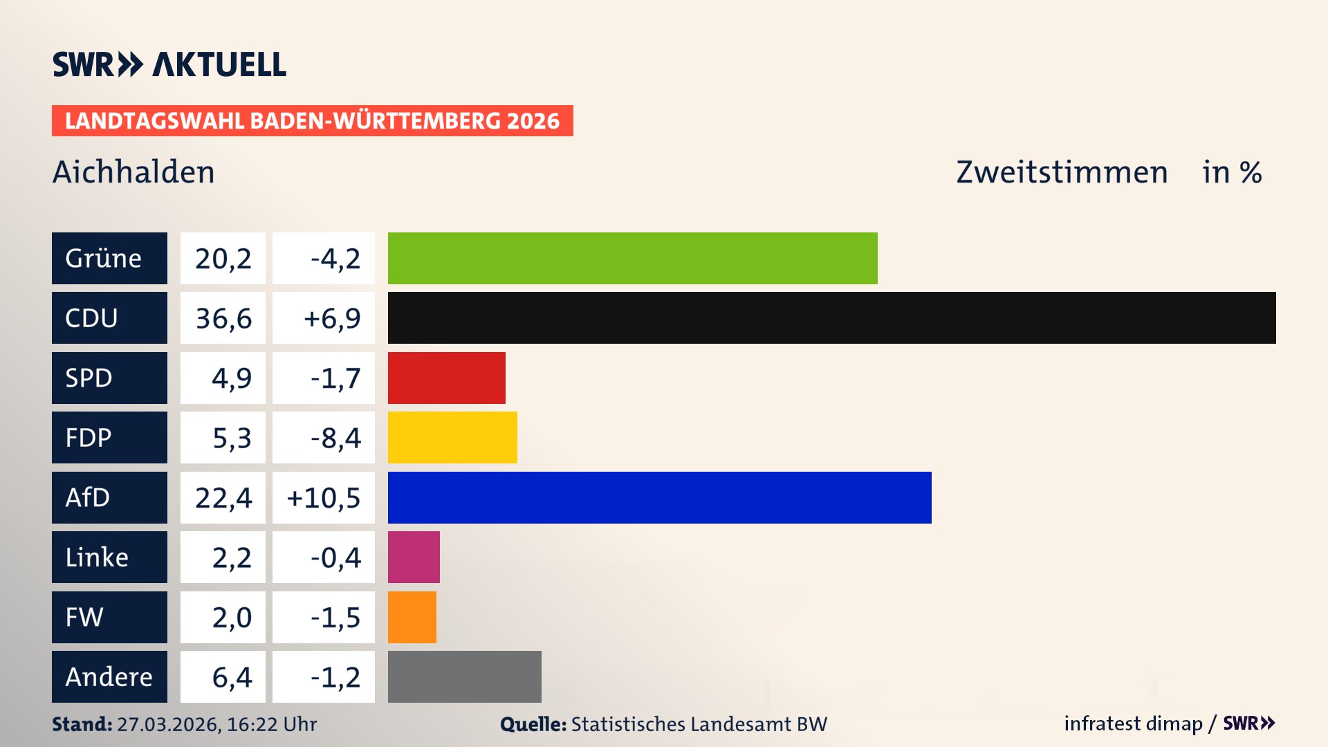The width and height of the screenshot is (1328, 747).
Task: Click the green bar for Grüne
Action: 632,258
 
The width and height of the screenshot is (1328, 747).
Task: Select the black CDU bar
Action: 831,317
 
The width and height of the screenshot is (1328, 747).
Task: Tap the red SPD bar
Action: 446,378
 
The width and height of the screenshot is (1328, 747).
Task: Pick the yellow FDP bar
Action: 452,437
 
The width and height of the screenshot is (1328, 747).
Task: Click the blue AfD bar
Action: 659,497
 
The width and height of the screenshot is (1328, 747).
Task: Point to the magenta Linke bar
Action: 414,557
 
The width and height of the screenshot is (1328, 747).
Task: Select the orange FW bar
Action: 412,617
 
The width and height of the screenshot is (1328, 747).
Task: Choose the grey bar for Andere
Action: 464,676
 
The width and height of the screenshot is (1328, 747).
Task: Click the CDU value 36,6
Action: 223,318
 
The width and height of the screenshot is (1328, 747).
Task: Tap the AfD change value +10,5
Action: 323,497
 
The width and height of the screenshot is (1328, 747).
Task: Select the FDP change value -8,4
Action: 335,438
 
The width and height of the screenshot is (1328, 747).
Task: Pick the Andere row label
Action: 109,676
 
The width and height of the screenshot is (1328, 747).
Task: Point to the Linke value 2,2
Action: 231,557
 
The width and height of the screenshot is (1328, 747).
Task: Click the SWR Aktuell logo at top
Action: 169,64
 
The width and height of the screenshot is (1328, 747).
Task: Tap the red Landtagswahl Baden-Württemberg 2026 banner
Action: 312,120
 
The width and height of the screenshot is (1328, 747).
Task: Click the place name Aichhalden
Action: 133,172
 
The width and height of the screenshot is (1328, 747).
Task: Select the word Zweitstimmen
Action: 1062,172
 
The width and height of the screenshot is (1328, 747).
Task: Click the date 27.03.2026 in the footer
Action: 168,724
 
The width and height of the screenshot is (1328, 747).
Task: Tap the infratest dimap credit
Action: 1132,723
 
